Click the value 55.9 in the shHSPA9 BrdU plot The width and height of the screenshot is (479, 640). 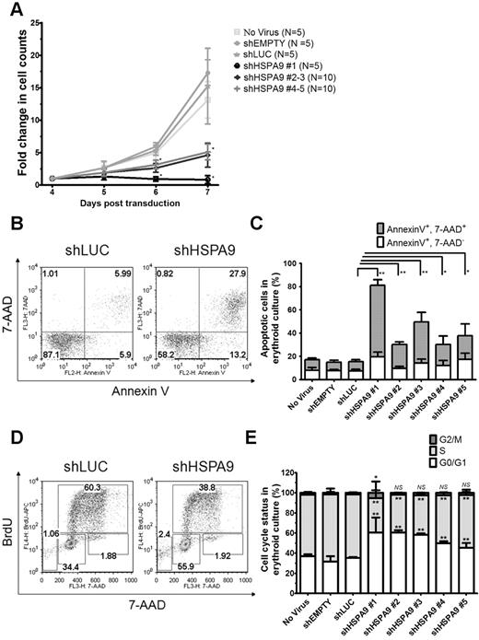click(x=194, y=541)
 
